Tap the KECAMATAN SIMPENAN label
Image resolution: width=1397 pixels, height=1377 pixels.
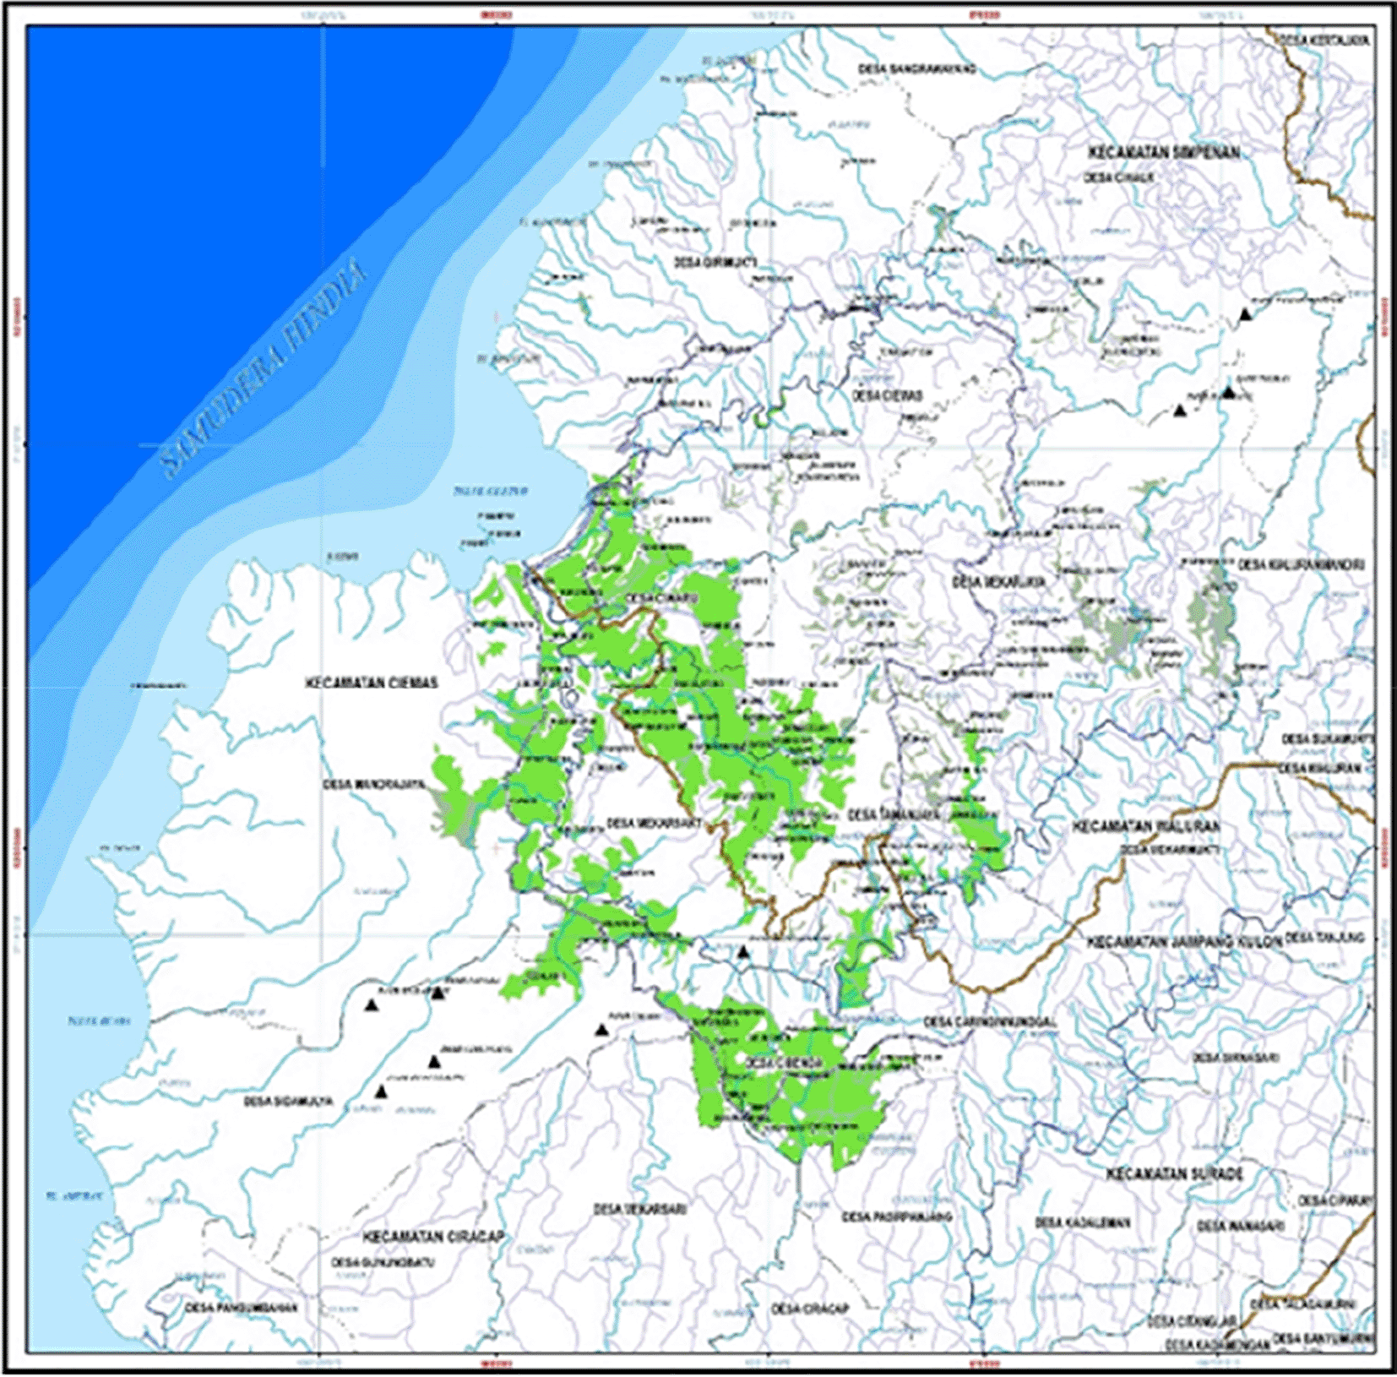click(1164, 153)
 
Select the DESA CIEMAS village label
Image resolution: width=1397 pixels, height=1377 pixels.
click(887, 395)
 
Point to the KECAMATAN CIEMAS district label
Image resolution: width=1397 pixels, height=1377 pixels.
click(372, 683)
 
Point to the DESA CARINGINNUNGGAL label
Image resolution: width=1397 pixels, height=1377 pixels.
click(989, 1022)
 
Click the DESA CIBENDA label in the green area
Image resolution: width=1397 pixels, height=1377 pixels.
click(785, 1063)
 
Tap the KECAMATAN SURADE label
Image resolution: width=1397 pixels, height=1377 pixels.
click(1174, 1174)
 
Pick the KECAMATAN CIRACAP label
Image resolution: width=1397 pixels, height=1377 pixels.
click(433, 1237)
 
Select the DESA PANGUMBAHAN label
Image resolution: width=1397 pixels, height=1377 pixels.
click(242, 1308)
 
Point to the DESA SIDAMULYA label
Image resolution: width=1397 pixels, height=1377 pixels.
click(288, 1102)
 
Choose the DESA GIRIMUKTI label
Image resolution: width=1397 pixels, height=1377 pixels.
click(715, 263)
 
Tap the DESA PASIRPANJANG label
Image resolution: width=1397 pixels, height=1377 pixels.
click(896, 1216)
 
